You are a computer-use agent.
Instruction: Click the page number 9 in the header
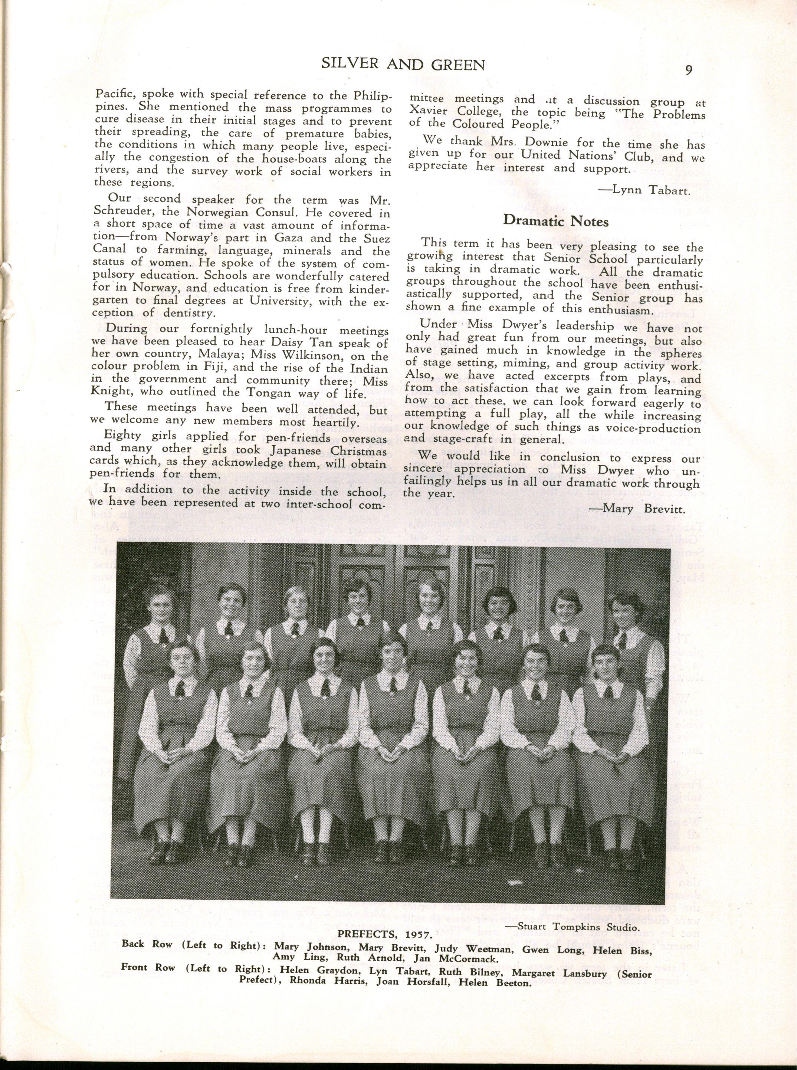point(688,70)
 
